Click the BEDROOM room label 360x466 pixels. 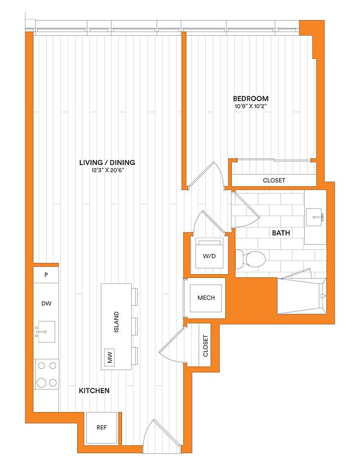point(251,98)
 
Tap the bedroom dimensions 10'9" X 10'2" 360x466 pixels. point(251,107)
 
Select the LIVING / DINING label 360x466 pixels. point(107,162)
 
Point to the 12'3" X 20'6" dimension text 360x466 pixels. point(107,171)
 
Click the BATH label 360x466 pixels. point(280,233)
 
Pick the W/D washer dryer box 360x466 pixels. point(209,255)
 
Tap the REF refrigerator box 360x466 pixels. point(101,427)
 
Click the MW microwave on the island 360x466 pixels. point(110,358)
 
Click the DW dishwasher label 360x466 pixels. point(46,303)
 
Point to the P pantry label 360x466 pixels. point(46,275)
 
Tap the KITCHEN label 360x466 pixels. point(94,391)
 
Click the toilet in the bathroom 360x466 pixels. point(254,260)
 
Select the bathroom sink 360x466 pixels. point(315,215)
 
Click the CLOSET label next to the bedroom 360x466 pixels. point(274,180)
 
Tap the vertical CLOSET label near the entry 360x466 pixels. point(206,346)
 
